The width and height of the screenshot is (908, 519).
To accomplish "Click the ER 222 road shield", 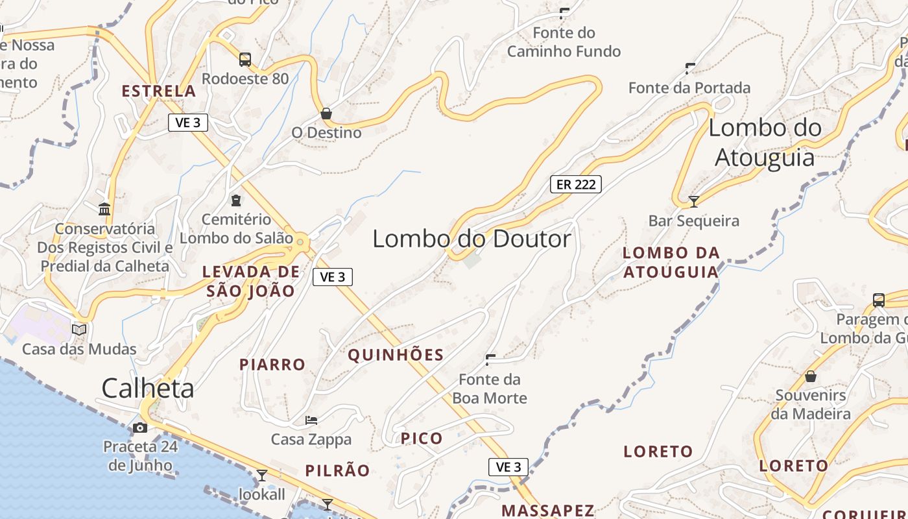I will coord(576,184).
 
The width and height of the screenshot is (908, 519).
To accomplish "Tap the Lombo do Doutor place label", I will coord(472,239).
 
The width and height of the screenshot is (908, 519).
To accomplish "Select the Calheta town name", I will coord(148,388).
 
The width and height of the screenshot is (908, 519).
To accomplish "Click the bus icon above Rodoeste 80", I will coord(245,60).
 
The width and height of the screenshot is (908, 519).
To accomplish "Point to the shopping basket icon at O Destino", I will coord(326,114).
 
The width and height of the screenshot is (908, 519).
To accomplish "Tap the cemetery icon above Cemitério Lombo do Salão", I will coord(236,200).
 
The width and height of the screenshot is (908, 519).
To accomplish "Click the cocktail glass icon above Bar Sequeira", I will coord(693,201).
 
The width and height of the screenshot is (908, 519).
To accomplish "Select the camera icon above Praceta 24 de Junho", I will coord(139,428).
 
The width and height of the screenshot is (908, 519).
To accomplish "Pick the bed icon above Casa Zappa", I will coord(311,420).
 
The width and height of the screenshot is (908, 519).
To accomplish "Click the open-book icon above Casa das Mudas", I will coord(79,330).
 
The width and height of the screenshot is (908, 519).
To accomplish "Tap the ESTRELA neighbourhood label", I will coord(159,91).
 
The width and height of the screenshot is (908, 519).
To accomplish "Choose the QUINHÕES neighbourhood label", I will coord(396,355).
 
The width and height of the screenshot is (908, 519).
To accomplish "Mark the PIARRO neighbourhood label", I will coord(272,365).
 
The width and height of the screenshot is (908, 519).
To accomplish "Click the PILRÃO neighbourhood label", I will coord(337,470).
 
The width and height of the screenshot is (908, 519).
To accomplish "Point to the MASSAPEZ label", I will coord(548,511).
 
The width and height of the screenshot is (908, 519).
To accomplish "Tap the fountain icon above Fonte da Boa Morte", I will coord(490,359).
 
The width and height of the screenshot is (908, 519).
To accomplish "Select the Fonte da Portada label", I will coord(689,88).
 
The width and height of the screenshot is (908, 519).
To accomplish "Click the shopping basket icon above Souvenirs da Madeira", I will coord(811,376).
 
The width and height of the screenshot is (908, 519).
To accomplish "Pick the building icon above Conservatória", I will coord(104,209).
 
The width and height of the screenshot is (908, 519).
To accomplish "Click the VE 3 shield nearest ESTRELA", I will coord(188,123).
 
